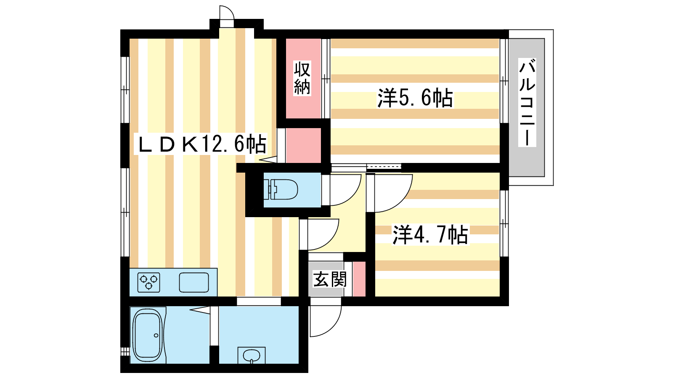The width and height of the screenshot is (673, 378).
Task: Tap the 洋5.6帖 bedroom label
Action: point(415,98)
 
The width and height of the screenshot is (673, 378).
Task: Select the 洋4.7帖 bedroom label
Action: point(430,235)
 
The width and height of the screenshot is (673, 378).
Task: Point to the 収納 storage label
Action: point(302,78)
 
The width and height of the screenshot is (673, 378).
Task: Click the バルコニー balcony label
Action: point(527,103)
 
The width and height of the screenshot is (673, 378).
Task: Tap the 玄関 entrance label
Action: point(330,279)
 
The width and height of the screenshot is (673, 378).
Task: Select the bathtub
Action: point(147,335)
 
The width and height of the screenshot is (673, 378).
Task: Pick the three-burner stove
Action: point(149,282)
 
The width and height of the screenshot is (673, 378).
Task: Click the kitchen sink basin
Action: point(194,282)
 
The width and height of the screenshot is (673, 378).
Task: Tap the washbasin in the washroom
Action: point(252,355)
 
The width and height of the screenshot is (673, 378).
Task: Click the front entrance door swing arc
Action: point(325,321)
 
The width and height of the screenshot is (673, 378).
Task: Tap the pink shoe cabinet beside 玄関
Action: point(359,279)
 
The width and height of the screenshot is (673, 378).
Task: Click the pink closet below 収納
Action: point(303,145)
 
